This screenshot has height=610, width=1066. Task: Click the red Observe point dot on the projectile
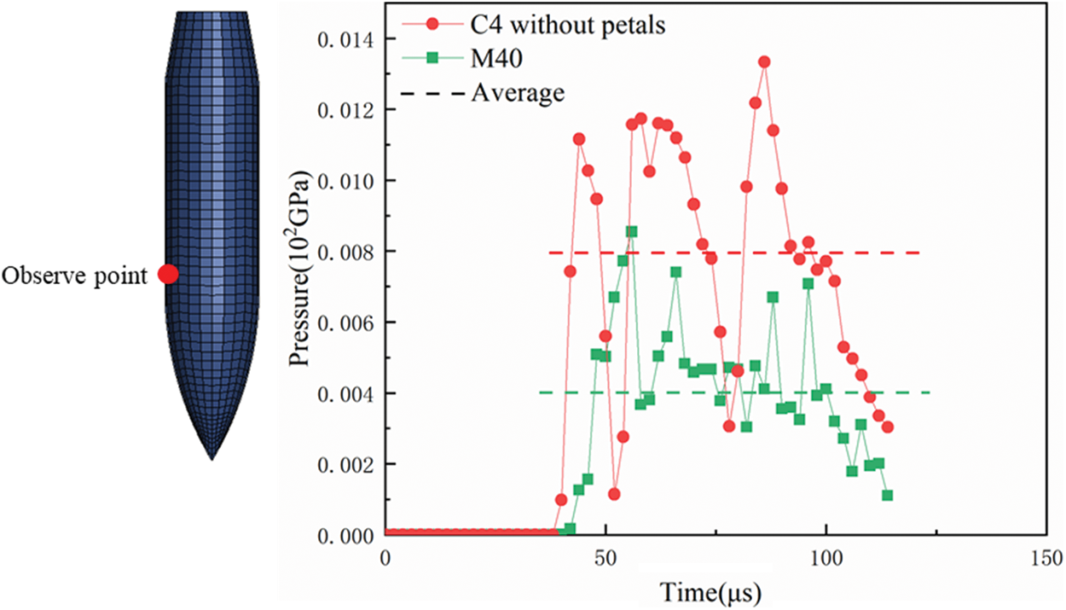click(168, 274)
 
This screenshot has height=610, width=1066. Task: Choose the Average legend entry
click(518, 91)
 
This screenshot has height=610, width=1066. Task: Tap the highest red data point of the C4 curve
click(764, 61)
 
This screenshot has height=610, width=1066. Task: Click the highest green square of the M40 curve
click(632, 231)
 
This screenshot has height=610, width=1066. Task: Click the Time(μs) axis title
click(710, 590)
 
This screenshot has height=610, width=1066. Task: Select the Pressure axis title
click(300, 269)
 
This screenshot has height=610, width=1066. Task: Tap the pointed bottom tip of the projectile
click(211, 459)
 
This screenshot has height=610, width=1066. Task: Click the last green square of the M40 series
click(888, 496)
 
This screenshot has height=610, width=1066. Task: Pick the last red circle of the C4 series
click(888, 427)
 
